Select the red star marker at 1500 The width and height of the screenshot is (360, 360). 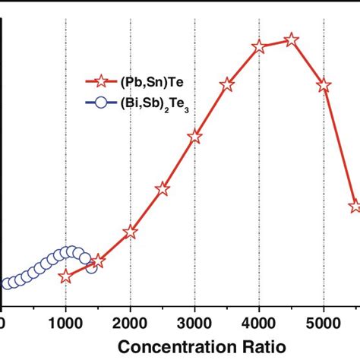(x=98, y=261)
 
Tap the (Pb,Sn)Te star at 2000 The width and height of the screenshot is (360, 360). (x=130, y=232)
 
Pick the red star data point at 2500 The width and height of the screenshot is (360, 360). (x=162, y=189)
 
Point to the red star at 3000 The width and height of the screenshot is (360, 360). (x=195, y=137)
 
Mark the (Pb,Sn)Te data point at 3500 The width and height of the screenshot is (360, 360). (x=227, y=85)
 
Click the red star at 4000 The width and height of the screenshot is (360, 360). (x=259, y=46)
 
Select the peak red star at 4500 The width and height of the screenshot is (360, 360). (x=291, y=39)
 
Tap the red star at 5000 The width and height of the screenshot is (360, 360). (x=324, y=86)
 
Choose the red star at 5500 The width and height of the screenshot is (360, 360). (x=355, y=206)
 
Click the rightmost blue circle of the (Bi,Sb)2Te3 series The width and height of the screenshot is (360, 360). (x=91, y=266)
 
